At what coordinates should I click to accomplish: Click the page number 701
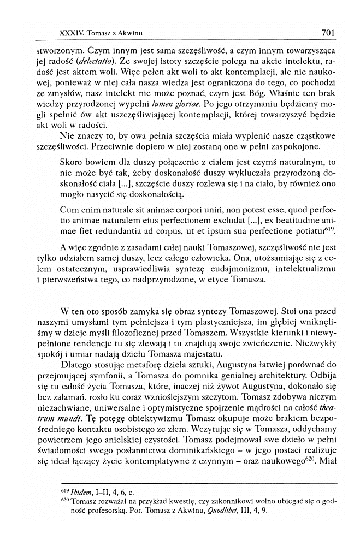328,33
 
